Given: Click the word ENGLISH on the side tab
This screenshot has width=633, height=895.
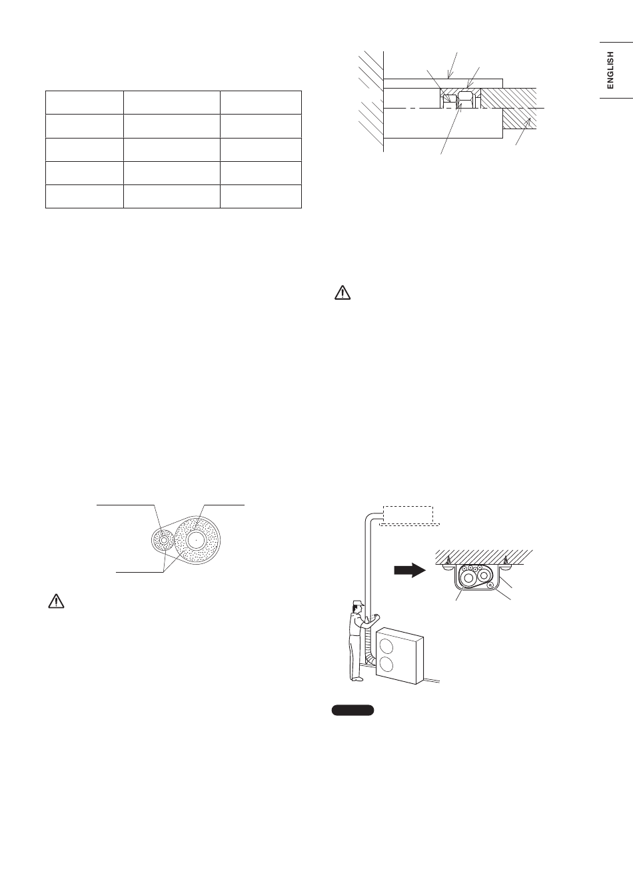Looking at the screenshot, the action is pos(610,70).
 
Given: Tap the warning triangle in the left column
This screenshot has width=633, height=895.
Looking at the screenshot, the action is pos(57,601).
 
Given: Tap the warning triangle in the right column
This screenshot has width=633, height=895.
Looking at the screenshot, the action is pos(342,293).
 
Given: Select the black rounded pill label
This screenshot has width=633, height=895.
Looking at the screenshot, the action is pos(352,710).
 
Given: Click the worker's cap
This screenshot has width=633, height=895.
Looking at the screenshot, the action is pos(358,603).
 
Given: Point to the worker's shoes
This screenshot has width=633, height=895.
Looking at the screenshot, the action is pos(357,678).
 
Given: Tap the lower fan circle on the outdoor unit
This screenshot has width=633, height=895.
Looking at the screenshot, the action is pos(386,665).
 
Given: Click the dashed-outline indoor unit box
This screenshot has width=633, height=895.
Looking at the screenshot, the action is pos(408,515).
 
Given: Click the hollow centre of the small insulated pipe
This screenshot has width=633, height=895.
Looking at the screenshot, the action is pos(163,539).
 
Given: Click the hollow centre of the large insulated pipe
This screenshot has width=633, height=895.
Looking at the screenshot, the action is pos(197,539).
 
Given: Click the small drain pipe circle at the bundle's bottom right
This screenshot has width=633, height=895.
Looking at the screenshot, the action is pos(490,585).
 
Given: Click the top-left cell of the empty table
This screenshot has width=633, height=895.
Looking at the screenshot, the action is pos(85,103).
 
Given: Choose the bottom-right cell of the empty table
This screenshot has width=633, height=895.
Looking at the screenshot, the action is pos(261,196).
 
